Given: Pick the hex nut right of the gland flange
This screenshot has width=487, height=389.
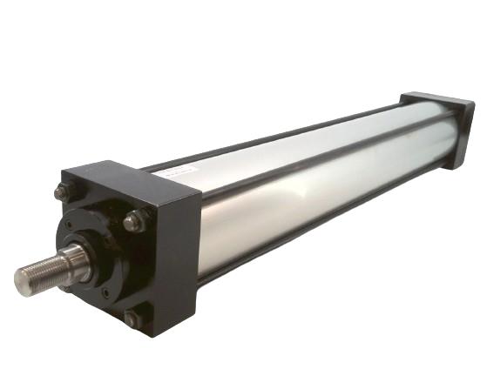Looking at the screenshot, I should click(x=135, y=221).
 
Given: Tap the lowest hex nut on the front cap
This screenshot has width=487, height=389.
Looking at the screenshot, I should click(x=133, y=319).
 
